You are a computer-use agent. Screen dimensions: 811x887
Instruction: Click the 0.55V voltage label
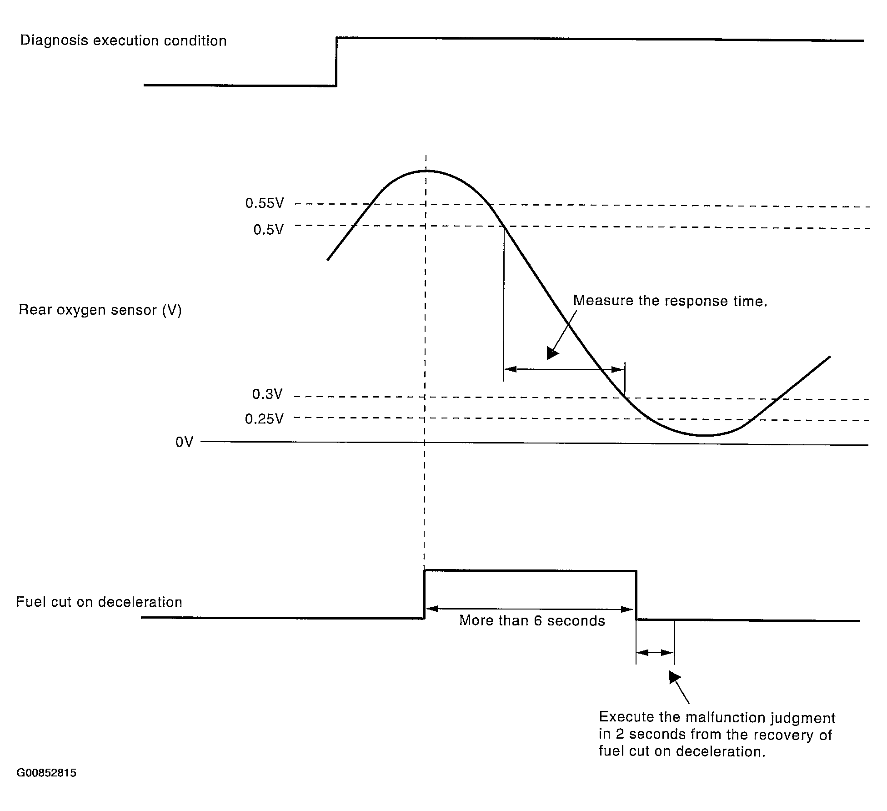click(x=264, y=203)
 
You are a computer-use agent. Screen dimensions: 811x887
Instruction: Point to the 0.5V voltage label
click(x=268, y=230)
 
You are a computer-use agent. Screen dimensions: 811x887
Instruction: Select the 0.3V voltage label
click(x=267, y=394)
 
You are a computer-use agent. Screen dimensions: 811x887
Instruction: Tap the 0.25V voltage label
click(x=264, y=419)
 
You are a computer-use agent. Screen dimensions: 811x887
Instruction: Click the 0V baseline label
click(x=184, y=442)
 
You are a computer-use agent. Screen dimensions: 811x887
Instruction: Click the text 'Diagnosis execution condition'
click(x=123, y=41)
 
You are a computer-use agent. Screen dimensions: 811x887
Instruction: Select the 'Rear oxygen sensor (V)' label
click(x=100, y=310)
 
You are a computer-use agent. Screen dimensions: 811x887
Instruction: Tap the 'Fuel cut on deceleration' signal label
click(x=99, y=602)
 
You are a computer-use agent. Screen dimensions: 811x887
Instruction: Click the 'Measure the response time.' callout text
click(x=670, y=301)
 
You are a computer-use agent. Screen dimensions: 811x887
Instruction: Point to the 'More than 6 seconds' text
click(x=532, y=621)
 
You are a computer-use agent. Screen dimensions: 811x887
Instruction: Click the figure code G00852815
click(x=46, y=773)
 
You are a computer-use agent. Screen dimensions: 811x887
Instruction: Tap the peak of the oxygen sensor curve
click(x=426, y=171)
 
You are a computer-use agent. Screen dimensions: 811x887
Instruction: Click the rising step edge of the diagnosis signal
click(x=336, y=62)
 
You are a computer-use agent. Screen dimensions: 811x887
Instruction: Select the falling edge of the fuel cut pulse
click(x=636, y=594)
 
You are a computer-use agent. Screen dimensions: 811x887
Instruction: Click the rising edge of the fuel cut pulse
click(x=425, y=594)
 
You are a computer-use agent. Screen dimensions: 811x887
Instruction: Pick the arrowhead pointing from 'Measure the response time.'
click(x=552, y=354)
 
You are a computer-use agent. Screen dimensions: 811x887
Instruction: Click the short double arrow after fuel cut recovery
click(x=655, y=653)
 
